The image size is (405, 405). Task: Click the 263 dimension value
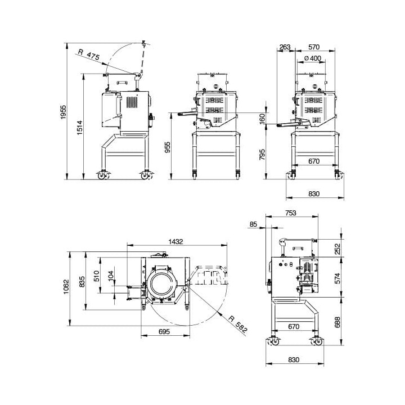tap(285, 48)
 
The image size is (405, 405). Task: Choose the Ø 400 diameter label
tap(312, 58)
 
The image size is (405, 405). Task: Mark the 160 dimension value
tap(262, 119)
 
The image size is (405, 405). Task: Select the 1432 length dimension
tap(176, 241)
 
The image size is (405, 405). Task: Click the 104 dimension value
tap(111, 277)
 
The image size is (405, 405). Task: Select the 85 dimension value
tap(253, 224)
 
